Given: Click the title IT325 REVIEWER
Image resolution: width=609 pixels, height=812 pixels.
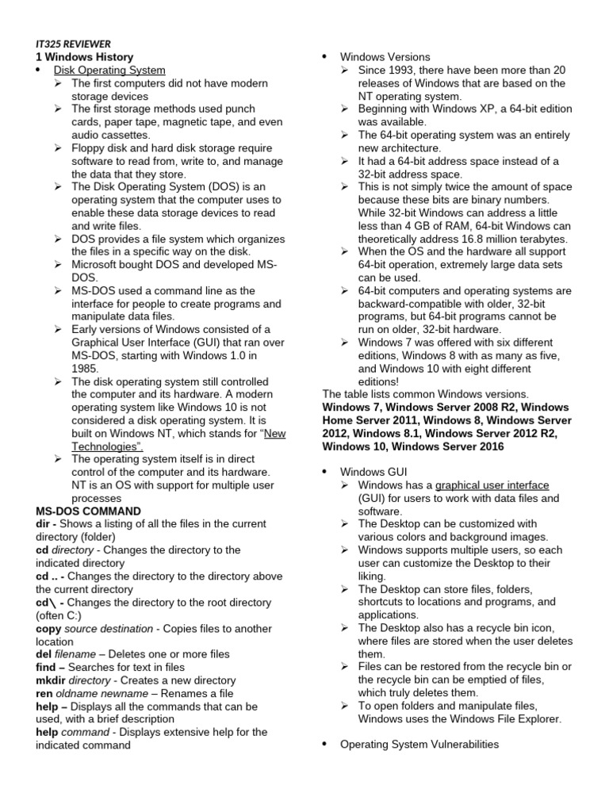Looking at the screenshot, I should [73, 44].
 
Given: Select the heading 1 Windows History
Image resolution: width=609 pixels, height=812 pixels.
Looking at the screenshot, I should [84, 57].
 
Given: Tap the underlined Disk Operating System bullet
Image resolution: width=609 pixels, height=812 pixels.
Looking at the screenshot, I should [109, 70].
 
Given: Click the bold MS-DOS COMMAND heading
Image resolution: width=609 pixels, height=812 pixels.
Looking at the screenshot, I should [88, 511].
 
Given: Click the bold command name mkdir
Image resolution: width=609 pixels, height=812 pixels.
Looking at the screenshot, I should [51, 680].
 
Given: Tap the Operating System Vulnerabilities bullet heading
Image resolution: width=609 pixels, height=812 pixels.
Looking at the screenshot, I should [419, 744].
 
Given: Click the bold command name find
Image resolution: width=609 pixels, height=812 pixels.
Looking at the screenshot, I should [48, 667].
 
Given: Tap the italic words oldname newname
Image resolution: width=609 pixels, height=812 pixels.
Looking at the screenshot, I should [102, 693].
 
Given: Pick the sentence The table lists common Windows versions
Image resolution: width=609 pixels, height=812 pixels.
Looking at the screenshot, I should [424, 394].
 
